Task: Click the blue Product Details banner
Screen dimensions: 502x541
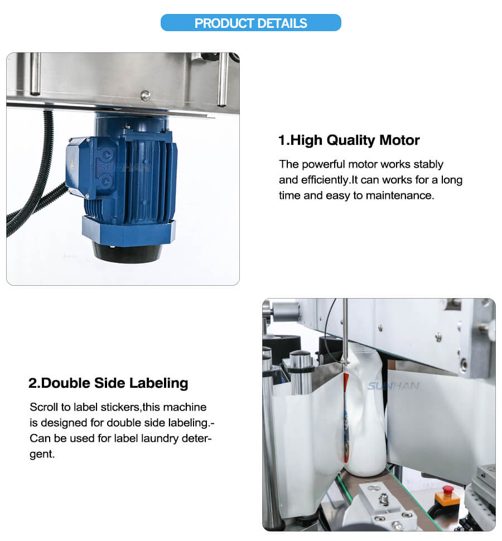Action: point(251,23)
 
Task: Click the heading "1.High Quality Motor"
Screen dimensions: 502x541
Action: point(349,140)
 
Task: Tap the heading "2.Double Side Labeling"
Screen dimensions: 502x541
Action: point(108,383)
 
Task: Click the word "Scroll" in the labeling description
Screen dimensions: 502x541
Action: point(44,407)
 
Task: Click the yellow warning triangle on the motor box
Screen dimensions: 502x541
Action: point(73,165)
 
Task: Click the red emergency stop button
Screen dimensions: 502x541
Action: point(448,489)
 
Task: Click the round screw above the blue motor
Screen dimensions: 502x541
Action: point(145,95)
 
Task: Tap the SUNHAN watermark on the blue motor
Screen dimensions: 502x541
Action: point(124,168)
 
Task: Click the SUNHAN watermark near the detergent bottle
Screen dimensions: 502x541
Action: point(393,386)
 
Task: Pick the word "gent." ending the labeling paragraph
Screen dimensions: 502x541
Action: point(42,455)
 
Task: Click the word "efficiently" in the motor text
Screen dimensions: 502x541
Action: point(325,180)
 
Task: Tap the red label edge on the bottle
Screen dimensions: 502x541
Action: point(345,417)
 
